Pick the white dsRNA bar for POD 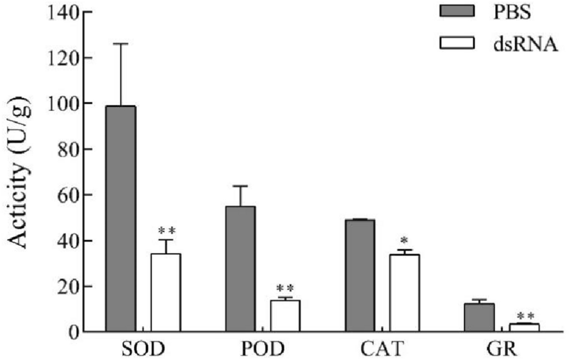[285, 316]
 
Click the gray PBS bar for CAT [359, 275]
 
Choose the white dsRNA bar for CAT [404, 293]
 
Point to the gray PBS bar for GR [478, 318]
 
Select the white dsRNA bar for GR [524, 327]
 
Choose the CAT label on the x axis [382, 350]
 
